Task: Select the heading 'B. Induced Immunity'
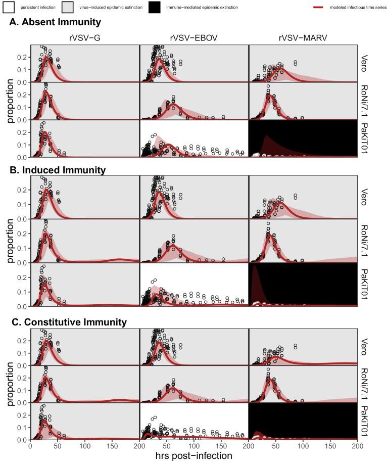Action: point(57,170)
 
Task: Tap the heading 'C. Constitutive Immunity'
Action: point(68,322)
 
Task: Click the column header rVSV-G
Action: point(84,37)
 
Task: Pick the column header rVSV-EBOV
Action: point(193,37)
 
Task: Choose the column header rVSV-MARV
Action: point(303,37)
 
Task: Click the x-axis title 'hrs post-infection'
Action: point(193,456)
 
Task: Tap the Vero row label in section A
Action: point(365,63)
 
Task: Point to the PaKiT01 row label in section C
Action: point(365,422)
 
